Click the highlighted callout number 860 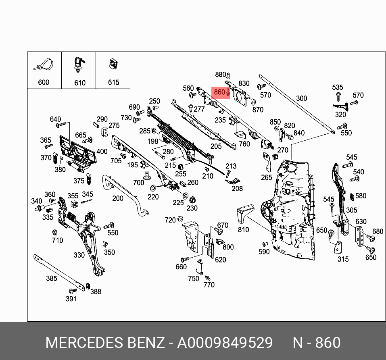click(x=219, y=92)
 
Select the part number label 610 click(x=80, y=83)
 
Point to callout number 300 click(x=301, y=98)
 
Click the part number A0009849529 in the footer click(x=225, y=343)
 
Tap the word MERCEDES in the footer click(x=83, y=343)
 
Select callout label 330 click(x=79, y=255)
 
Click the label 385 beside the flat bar click(x=51, y=278)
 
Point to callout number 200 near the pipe click(x=118, y=198)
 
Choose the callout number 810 click(x=243, y=229)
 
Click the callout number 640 click(x=55, y=119)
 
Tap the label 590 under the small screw click(x=264, y=252)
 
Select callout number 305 click(x=351, y=210)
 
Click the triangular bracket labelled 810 click(x=244, y=212)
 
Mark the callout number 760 click(x=244, y=144)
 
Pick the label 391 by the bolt click(x=71, y=299)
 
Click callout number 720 click(x=170, y=220)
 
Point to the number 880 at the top click(x=221, y=75)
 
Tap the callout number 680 click(x=378, y=231)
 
